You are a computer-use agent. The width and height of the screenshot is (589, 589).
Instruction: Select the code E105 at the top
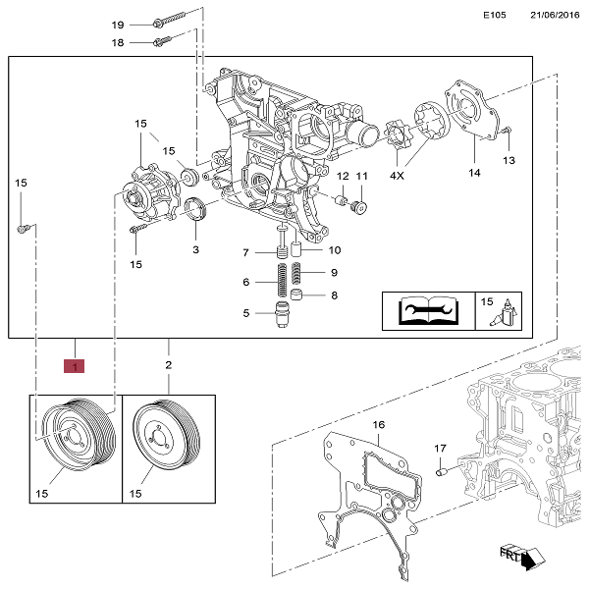(495, 16)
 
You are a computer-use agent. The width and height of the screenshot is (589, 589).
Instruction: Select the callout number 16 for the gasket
(376, 425)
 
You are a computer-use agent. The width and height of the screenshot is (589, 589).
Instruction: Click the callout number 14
(474, 173)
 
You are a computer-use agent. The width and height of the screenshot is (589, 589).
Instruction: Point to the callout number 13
(509, 159)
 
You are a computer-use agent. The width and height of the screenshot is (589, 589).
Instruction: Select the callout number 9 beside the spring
(334, 272)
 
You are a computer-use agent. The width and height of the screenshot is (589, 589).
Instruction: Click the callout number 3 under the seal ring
(195, 250)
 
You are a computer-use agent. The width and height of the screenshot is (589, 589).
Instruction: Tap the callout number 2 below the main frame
(168, 365)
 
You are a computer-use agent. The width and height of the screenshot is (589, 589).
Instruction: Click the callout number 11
(361, 177)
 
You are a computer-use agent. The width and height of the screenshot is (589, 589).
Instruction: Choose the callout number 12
(343, 177)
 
